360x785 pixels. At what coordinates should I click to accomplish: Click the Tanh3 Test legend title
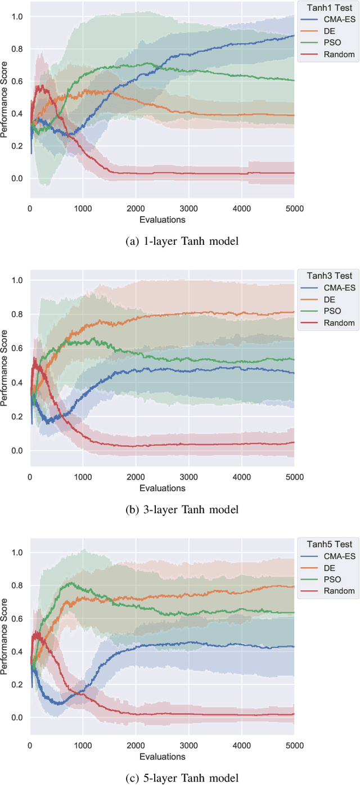326,276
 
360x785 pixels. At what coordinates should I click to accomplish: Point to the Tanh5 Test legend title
326,544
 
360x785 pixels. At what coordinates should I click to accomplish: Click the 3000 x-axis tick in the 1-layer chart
189,209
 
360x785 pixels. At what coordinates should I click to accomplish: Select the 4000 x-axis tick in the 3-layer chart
242,477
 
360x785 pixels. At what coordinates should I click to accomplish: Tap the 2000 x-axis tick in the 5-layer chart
136,746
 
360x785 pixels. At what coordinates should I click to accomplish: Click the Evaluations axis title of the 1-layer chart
162,219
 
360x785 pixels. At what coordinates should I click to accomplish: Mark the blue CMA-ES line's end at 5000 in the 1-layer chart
294,35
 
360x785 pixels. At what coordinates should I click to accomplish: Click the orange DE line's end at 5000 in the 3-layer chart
294,312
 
